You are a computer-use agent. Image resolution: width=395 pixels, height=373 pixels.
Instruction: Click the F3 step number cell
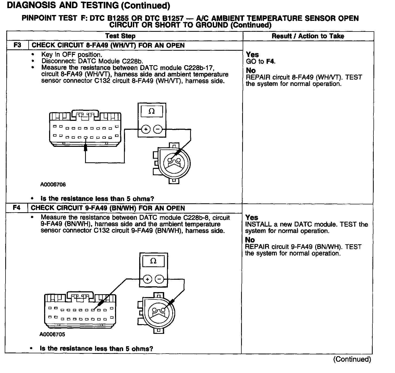17,45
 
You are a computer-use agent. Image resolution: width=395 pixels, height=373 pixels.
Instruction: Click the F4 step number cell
17,208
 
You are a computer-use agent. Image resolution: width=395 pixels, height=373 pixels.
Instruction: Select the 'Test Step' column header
120,36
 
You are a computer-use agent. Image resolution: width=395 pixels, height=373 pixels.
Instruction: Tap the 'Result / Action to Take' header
308,36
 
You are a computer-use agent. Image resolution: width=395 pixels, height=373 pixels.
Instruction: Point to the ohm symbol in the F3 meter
152,111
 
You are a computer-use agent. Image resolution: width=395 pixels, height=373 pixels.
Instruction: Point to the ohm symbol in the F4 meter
153,261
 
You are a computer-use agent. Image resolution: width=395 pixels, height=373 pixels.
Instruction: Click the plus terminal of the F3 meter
146,129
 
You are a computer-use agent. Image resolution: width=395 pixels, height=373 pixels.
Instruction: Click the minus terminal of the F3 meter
158,129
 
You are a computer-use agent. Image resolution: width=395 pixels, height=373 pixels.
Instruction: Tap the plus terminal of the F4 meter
148,279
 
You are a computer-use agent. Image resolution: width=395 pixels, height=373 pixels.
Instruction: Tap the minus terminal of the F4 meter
159,279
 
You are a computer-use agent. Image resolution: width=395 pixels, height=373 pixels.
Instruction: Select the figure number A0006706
53,184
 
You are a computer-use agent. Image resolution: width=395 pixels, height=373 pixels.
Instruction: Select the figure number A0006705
52,334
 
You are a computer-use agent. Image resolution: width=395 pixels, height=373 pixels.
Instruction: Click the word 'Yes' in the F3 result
252,55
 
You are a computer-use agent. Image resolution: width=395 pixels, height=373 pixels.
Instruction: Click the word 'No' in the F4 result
250,240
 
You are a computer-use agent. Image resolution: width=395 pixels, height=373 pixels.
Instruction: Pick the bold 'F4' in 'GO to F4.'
270,61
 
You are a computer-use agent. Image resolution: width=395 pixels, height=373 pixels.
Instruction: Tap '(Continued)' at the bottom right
352,359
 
